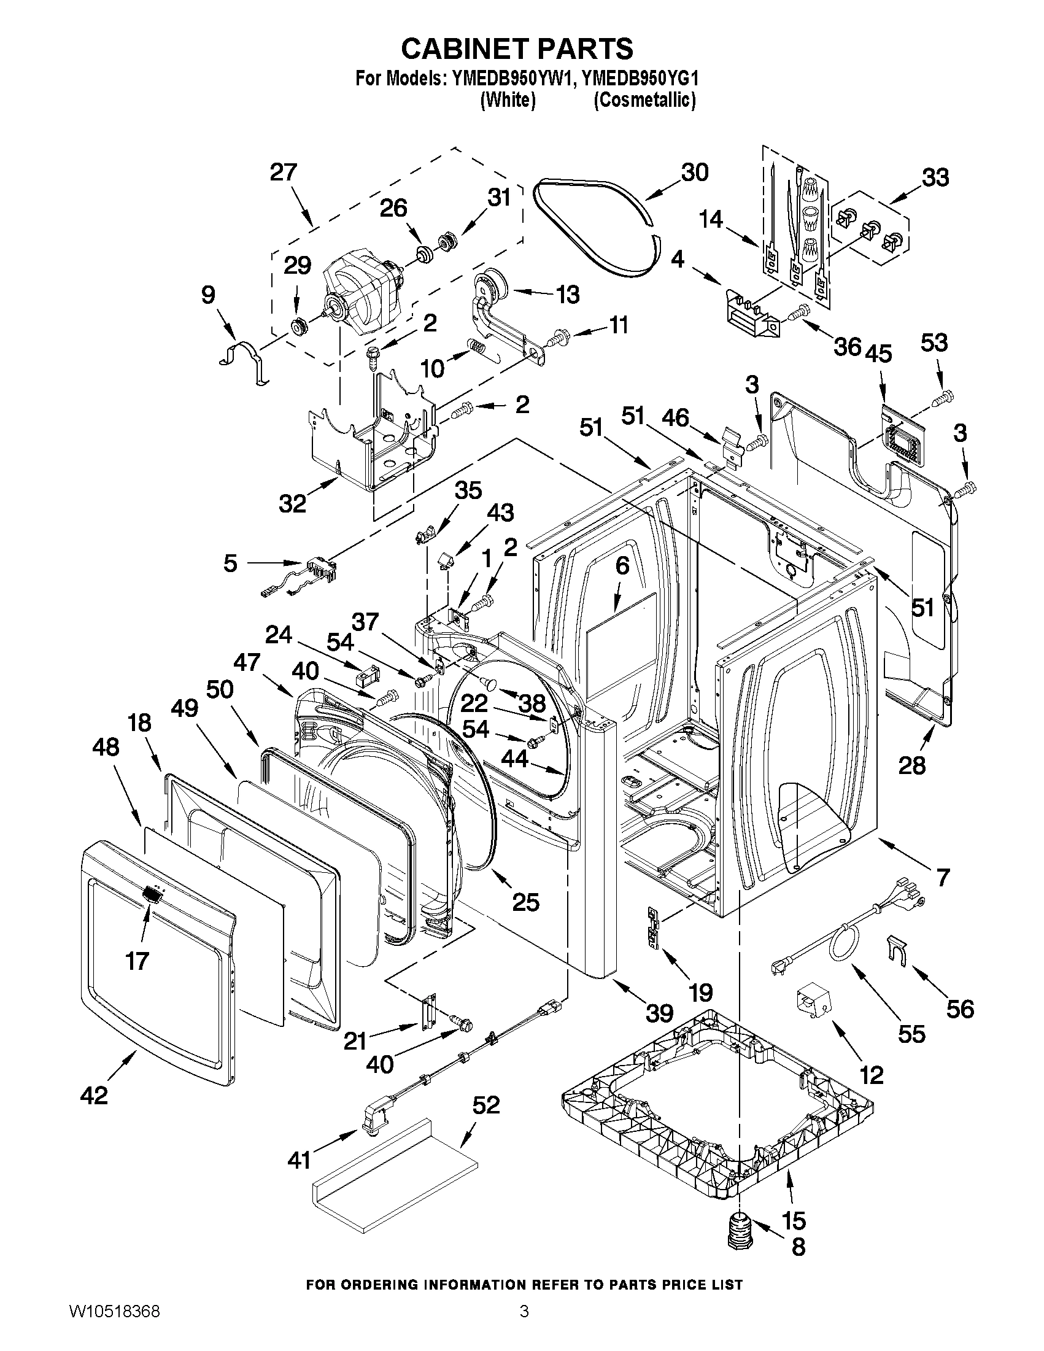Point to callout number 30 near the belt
click(x=694, y=172)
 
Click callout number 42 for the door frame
click(x=94, y=1096)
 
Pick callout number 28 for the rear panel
click(x=912, y=766)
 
